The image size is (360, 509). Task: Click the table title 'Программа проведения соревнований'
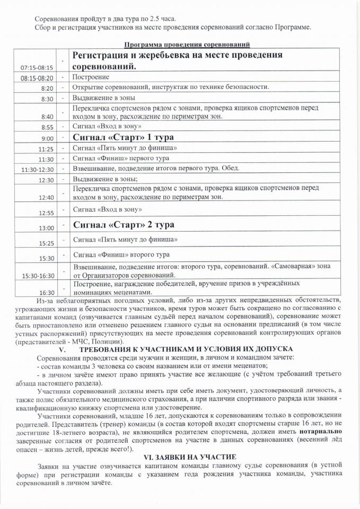click(187, 45)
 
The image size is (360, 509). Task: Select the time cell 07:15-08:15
click(37, 68)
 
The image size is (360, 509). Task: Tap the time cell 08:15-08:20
click(37, 78)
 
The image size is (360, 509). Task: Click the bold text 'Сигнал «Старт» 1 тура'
click(124, 137)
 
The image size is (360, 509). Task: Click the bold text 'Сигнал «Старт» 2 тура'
click(124, 225)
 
